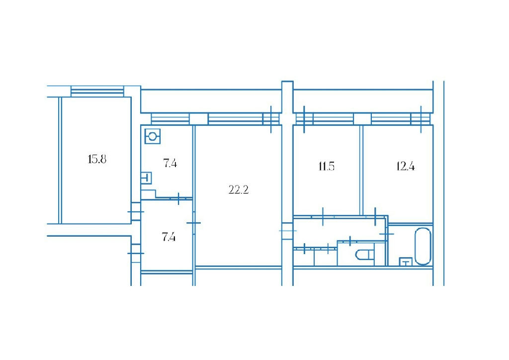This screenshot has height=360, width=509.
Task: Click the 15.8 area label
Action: point(97,160)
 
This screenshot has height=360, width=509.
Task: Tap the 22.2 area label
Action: point(239,189)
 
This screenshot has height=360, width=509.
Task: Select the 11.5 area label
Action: point(326,167)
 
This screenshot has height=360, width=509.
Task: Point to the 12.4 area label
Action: point(406,167)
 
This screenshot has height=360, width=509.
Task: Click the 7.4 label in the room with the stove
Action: point(170,163)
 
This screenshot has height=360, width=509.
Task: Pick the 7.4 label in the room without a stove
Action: point(169,237)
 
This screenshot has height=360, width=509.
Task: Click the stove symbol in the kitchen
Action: point(152,136)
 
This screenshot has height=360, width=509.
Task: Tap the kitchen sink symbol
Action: point(147,178)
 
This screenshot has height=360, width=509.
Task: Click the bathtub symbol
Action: point(423,246)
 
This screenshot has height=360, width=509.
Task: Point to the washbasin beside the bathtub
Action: point(406,262)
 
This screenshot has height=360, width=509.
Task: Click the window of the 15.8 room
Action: point(97,91)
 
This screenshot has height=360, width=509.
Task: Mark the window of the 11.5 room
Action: point(325,118)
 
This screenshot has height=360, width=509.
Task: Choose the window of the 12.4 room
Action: point(401,118)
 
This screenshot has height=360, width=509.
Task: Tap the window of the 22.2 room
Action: point(243,118)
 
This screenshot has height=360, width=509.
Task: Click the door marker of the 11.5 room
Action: point(323,216)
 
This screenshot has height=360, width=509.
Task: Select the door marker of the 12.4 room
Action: point(375,216)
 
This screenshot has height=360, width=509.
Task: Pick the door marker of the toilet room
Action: point(350,241)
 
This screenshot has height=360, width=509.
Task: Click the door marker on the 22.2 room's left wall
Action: point(194,223)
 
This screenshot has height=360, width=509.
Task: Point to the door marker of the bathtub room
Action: point(387,233)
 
